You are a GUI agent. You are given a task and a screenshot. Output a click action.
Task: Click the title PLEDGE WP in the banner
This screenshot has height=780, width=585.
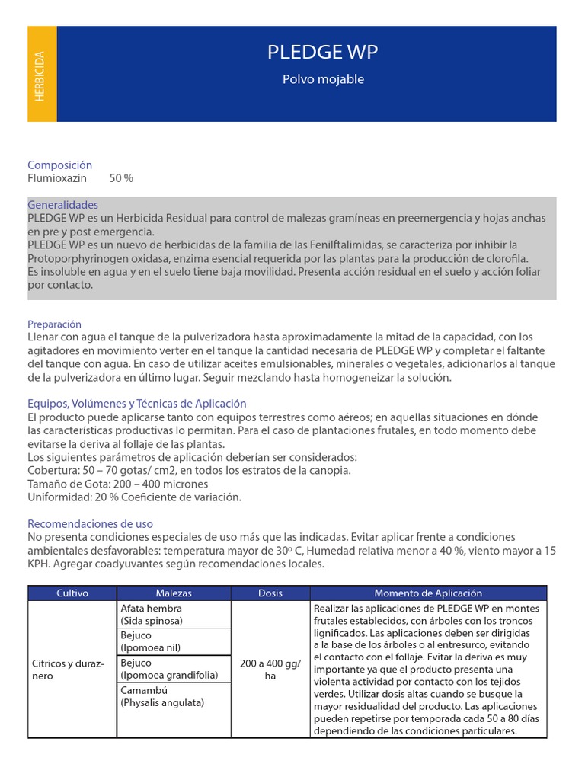click(x=322, y=53)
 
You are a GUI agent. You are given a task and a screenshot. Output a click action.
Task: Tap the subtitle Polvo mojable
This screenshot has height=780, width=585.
click(x=323, y=79)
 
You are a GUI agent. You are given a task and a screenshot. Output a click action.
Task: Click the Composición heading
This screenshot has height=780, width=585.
click(x=59, y=165)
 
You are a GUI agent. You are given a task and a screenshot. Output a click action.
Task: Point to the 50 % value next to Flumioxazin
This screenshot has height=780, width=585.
click(x=121, y=177)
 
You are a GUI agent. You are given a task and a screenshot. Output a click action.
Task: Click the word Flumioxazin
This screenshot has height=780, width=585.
click(x=59, y=177)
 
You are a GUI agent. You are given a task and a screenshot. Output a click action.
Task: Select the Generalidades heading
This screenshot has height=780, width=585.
click(x=62, y=205)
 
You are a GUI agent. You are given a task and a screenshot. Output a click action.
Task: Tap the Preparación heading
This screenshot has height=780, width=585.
click(x=54, y=324)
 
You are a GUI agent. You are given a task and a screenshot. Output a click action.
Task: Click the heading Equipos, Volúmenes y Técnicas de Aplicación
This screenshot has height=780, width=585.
click(x=137, y=404)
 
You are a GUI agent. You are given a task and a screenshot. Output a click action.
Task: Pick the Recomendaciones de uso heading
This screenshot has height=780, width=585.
click(x=90, y=524)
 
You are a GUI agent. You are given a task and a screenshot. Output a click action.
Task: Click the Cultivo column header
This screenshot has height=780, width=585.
click(x=72, y=593)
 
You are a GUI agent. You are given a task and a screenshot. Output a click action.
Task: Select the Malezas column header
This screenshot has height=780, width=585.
click(x=174, y=593)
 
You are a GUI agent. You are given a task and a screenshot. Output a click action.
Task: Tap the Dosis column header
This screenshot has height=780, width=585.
click(x=270, y=593)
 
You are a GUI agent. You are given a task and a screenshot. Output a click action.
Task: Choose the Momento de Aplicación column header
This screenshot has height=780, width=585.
click(x=428, y=593)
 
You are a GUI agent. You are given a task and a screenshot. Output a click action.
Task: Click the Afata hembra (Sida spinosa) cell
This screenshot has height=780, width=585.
click(x=174, y=615)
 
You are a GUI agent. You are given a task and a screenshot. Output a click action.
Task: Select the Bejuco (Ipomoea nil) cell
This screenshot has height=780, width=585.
click(x=174, y=641)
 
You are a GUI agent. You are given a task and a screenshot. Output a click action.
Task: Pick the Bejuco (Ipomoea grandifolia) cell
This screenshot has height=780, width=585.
click(x=174, y=669)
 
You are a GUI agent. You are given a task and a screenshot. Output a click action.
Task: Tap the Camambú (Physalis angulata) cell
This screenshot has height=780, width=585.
click(x=174, y=696)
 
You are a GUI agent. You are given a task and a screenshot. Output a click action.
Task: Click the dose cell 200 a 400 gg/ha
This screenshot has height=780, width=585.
click(x=270, y=670)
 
